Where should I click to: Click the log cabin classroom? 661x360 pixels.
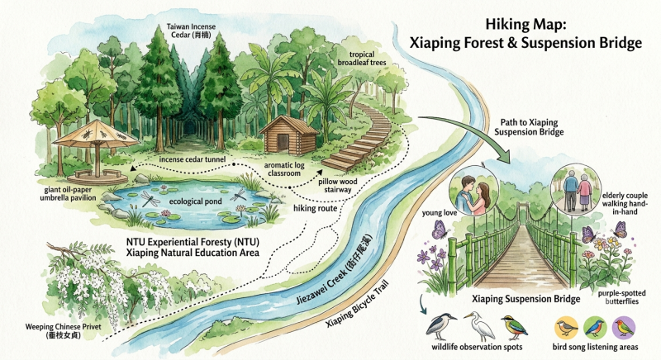[x=288, y=136]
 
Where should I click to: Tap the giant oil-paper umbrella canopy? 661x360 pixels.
[x=96, y=134]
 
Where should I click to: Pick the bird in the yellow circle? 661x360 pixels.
[x=566, y=328]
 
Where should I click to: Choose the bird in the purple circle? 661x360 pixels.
[x=624, y=327]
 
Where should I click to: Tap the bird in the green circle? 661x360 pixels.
[x=595, y=328]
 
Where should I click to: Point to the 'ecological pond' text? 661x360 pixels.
[x=195, y=201]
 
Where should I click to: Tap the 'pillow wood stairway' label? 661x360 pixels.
[x=338, y=186]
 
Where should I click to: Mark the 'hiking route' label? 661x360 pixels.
[x=316, y=208]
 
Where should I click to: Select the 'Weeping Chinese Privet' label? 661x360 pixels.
[x=64, y=331]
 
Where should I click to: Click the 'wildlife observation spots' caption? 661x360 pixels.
[x=477, y=347]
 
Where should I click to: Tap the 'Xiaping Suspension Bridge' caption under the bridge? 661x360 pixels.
[x=525, y=299]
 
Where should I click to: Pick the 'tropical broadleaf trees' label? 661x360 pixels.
[x=362, y=59]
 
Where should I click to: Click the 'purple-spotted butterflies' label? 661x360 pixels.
[x=621, y=297]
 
